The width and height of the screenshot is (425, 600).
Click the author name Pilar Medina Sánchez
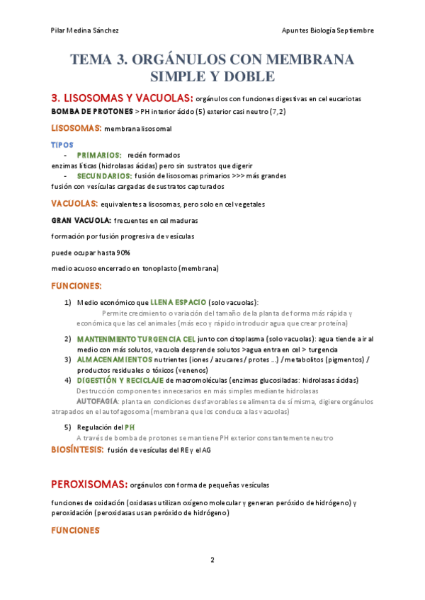[85, 30]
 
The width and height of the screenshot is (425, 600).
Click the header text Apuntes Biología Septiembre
[327, 30]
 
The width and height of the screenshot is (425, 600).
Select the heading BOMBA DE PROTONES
[91, 112]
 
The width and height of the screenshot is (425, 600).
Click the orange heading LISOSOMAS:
[76, 128]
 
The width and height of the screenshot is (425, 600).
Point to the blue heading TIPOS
[62, 144]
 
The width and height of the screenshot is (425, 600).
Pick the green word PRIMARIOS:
[99, 154]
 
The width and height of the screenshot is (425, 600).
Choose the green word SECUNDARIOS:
[104, 175]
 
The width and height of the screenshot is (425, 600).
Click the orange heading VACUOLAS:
[74, 204]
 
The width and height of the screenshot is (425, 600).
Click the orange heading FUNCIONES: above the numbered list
[76, 286]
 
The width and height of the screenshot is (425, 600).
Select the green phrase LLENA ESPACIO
[178, 302]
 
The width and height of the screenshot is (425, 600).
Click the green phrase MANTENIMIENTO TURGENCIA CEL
[136, 339]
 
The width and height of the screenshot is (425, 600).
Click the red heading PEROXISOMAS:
[89, 485]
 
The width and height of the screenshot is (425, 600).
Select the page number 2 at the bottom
[212, 560]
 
